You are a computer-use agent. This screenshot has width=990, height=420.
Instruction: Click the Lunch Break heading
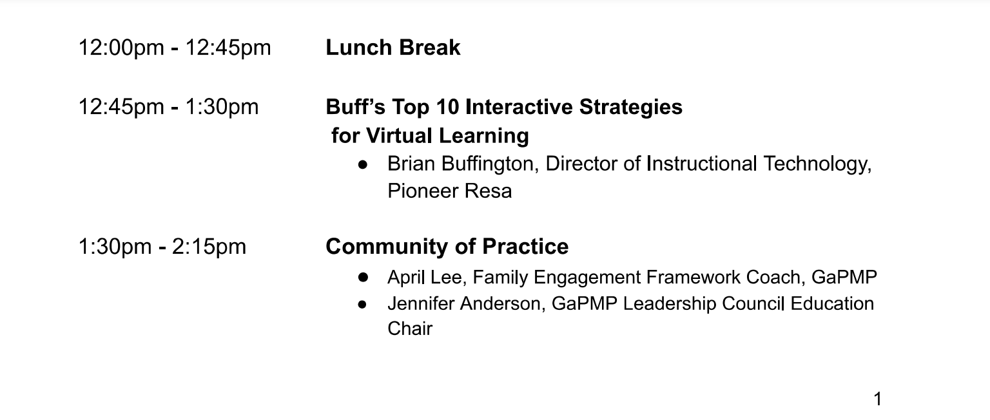pos(393,47)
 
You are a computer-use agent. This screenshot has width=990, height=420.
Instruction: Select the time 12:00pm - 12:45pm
pos(175,48)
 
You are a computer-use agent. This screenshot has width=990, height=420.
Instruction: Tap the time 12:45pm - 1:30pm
pos(168,107)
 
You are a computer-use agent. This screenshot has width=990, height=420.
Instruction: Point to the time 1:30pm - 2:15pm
pos(162,247)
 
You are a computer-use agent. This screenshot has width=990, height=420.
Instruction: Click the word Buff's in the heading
pos(355,107)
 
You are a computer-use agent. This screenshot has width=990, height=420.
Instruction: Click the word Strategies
pos(631,108)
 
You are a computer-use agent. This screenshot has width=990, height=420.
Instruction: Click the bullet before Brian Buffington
pos(363,165)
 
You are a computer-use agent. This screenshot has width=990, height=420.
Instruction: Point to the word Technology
pos(817,164)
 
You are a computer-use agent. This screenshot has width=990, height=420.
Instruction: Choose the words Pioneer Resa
pos(449,191)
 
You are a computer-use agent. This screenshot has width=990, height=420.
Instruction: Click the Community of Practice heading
pos(447,247)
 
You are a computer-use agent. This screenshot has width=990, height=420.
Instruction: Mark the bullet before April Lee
pos(364,278)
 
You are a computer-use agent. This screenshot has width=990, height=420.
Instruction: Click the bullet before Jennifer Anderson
pos(362,304)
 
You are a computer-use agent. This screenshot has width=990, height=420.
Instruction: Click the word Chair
pos(410,329)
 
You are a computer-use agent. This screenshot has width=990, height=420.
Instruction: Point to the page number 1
pos(878,399)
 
